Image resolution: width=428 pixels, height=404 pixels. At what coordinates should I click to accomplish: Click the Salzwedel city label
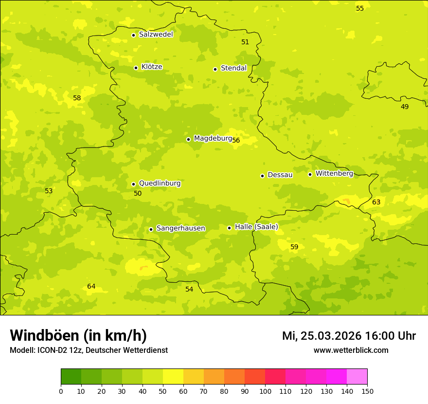coord(156,35)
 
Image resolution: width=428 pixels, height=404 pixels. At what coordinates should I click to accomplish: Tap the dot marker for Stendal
coord(215,69)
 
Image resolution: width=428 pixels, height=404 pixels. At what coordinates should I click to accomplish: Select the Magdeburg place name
coord(213,139)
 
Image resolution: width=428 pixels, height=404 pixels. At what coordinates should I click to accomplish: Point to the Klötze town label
coord(152,67)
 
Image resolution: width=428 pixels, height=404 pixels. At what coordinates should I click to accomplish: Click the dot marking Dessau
coord(262,176)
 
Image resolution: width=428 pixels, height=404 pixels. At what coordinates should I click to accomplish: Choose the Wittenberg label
coord(334,174)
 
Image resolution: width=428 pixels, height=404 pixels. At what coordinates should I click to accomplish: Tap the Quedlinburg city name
coord(160,184)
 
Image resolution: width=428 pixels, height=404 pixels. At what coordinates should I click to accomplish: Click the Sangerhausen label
coord(180,228)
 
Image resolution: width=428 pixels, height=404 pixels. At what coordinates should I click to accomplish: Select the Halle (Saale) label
coord(256,227)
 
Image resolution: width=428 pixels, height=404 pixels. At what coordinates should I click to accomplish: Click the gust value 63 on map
coord(376,202)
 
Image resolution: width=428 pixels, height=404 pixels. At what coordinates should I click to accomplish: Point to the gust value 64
coord(91,287)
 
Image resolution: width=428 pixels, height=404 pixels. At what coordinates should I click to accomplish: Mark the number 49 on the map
coord(405,107)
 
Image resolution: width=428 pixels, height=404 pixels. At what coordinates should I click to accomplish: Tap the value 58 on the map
coord(77,98)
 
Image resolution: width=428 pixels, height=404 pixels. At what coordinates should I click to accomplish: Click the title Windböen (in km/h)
coord(78,335)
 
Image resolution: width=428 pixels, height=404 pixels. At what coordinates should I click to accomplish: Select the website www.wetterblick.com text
coord(351,350)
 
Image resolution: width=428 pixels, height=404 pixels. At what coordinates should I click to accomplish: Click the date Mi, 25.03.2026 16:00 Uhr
coord(349,336)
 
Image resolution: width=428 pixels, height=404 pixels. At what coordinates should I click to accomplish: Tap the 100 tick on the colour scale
coord(265,391)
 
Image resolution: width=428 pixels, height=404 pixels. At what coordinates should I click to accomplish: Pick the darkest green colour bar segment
coord(71,377)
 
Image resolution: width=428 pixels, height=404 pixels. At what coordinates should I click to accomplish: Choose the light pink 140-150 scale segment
coord(357,377)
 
